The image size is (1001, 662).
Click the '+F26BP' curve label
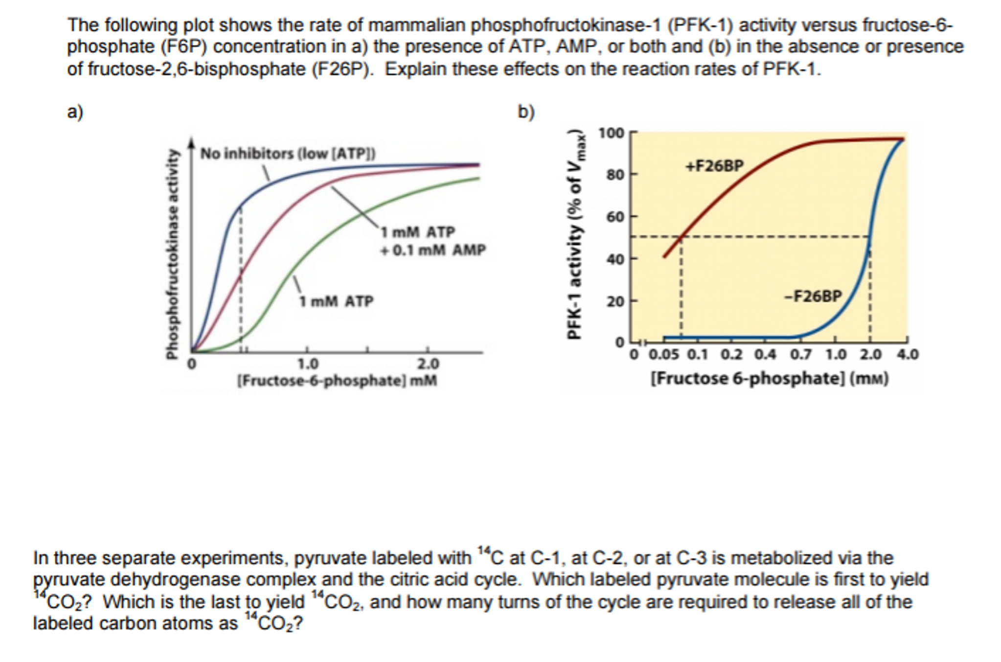714,166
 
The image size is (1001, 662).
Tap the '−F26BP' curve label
813,297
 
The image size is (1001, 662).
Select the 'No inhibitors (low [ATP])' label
288,154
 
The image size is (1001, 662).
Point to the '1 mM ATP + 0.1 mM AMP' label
432,241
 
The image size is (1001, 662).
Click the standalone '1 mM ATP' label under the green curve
336,301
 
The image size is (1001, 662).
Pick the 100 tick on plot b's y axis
611,133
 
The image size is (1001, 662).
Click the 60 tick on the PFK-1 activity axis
615,217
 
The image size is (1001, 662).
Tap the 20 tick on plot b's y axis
615,301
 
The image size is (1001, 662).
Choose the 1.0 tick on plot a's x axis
308,364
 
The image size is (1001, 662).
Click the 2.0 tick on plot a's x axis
428,364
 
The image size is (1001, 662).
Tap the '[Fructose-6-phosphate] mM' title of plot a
337,381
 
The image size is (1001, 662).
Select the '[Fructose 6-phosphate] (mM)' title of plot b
770,379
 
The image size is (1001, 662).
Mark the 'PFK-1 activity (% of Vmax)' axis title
575,235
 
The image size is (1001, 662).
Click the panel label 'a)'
75,112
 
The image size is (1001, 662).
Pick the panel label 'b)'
526,112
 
